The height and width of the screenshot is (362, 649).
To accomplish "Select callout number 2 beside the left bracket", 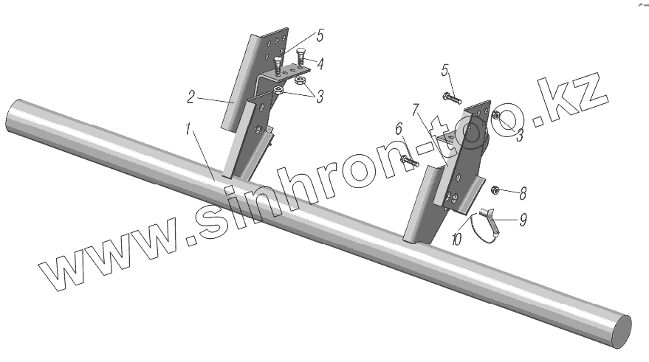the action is [x=190, y=96].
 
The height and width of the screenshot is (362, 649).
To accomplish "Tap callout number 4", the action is [x=320, y=64].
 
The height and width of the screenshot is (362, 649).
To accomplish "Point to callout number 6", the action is [x=398, y=129].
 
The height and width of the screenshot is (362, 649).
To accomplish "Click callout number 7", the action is [x=416, y=111].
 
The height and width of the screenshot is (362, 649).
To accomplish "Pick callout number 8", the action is [x=523, y=194].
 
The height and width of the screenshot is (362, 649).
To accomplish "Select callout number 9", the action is [x=523, y=218].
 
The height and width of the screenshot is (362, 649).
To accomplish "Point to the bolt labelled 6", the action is [x=408, y=159].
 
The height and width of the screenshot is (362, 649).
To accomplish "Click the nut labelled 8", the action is [x=495, y=191].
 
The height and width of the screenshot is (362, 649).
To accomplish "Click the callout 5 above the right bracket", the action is [x=445, y=71].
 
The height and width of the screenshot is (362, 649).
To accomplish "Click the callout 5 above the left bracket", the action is [x=320, y=34].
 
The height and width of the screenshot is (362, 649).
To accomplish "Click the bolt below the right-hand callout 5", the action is [x=451, y=97].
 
